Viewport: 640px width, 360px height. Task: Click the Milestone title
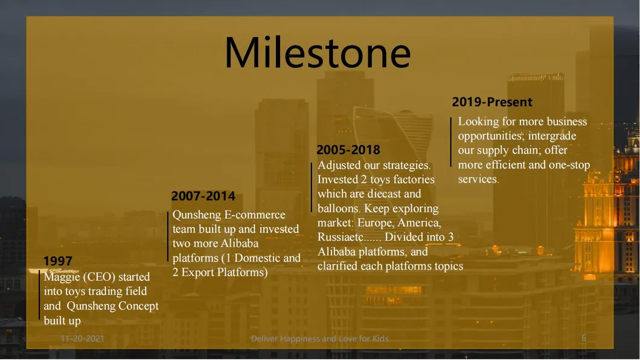pyautogui.click(x=318, y=53)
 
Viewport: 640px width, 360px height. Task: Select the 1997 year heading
pyautogui.click(x=57, y=261)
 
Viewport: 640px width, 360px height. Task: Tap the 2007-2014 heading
pyautogui.click(x=203, y=196)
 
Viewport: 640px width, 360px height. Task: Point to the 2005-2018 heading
pyautogui.click(x=348, y=150)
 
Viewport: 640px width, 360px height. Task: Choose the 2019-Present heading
pyautogui.click(x=492, y=101)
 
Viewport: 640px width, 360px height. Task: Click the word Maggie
pyautogui.click(x=62, y=277)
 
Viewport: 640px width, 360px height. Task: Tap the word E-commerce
pyautogui.click(x=255, y=214)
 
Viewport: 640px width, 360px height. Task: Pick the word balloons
pyautogui.click(x=338, y=208)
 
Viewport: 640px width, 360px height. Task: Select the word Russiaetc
pyautogui.click(x=341, y=237)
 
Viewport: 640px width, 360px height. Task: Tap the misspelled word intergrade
pyautogui.click(x=552, y=136)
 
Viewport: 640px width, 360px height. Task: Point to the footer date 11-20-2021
pyautogui.click(x=83, y=338)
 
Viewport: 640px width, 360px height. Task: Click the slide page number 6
pyautogui.click(x=584, y=338)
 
